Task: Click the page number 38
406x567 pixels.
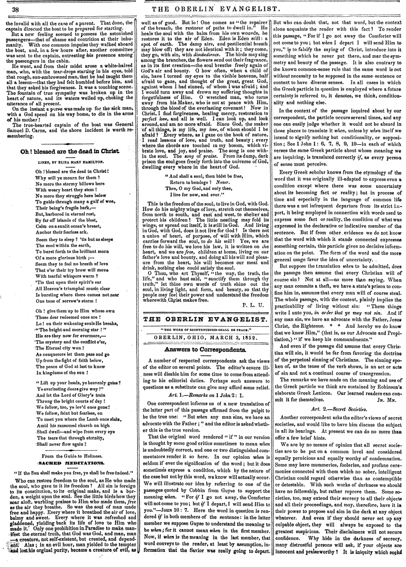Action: tap(15, 9)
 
